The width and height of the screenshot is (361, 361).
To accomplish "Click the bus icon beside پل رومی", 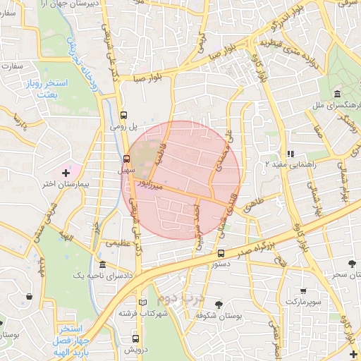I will (125, 114).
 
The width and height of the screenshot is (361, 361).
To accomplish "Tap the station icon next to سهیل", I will (127, 159).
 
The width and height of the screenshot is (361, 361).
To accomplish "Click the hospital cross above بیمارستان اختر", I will (66, 172).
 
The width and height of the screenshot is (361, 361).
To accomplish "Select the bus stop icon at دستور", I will (221, 252).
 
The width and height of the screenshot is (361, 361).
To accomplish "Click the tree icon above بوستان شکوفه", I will (219, 305).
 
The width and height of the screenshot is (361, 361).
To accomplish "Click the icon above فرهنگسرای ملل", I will (337, 94).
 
